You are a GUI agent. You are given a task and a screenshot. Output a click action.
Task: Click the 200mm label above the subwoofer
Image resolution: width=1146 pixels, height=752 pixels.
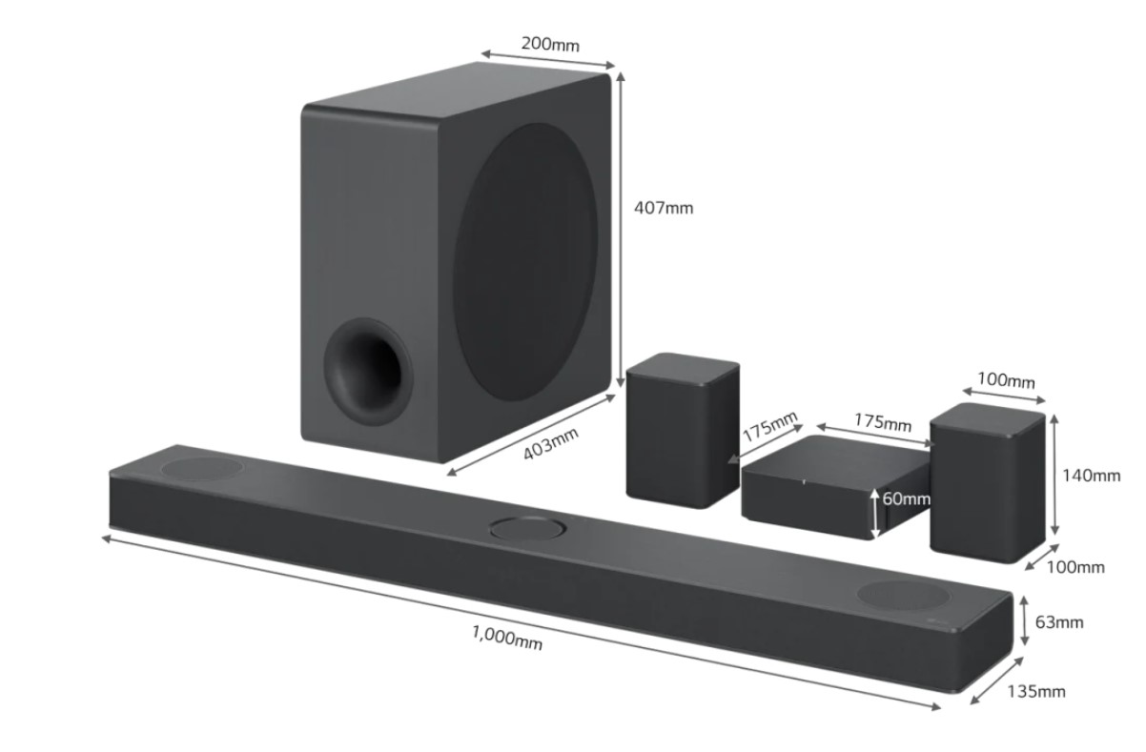click(550, 43)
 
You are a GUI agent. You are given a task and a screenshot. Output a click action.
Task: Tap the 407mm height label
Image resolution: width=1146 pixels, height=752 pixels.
click(664, 208)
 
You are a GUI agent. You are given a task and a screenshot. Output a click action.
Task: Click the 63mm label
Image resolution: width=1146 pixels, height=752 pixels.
click(1059, 622)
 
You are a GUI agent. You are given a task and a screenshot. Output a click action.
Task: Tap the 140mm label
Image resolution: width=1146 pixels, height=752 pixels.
click(1092, 475)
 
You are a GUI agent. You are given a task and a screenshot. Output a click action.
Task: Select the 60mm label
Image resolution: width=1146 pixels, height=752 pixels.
click(906, 498)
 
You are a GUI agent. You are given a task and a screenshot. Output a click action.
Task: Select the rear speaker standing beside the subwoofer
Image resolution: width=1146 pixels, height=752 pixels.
click(682, 429)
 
